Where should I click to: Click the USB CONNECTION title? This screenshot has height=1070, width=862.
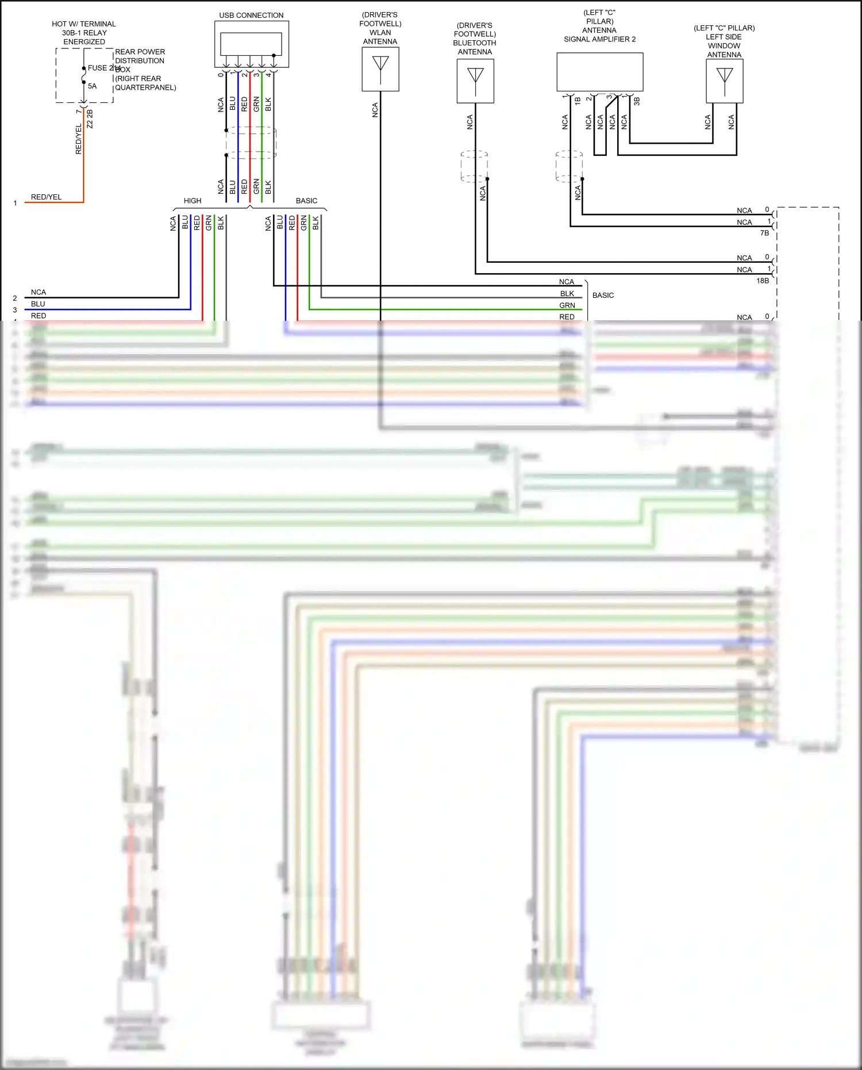pos(251,16)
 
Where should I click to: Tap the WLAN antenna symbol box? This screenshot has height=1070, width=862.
pos(380,69)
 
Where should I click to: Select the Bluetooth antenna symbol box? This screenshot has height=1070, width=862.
pos(475,82)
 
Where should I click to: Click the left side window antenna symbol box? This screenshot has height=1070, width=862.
pos(725,81)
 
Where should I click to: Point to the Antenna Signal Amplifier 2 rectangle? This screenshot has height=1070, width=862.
pos(599,72)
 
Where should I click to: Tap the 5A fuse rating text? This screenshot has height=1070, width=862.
pos(92,86)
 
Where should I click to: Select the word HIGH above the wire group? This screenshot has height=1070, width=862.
pos(193,201)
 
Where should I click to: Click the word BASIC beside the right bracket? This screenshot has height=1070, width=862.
pos(603,295)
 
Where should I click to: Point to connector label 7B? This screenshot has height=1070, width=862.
pos(764,233)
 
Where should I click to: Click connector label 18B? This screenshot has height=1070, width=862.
pos(763,281)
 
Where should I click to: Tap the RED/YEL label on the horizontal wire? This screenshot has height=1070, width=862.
pos(46,197)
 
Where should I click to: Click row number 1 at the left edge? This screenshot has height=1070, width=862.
pos(15,203)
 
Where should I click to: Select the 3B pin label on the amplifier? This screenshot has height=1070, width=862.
pos(637,101)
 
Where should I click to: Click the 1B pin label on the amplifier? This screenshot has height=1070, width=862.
pos(578,101)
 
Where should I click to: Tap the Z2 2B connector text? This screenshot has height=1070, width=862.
pos(90,119)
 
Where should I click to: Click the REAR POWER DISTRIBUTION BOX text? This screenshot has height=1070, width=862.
pos(140,60)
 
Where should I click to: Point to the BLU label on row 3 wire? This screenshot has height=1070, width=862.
pos(38,304)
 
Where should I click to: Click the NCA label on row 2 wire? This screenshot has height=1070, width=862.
pos(39,292)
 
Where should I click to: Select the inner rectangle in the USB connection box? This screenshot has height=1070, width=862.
pos(251,44)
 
